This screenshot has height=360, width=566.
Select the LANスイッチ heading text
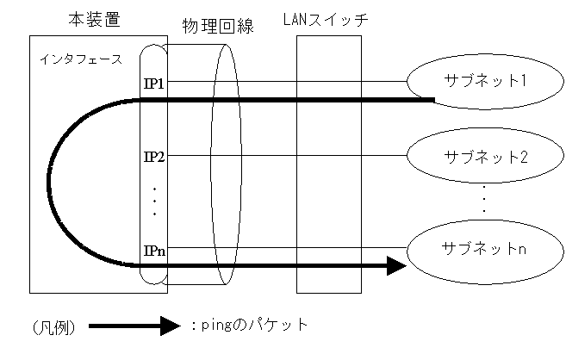(x=325, y=19)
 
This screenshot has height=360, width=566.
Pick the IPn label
(x=154, y=251)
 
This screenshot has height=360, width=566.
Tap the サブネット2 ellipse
(x=472, y=157)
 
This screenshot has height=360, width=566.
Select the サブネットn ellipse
(x=472, y=250)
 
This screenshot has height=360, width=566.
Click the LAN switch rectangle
(x=325, y=164)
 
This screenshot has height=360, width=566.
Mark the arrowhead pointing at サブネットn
(x=395, y=266)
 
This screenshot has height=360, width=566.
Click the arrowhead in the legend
(x=171, y=326)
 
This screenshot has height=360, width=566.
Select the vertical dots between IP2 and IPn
(x=154, y=201)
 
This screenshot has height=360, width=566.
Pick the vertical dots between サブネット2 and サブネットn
(x=484, y=199)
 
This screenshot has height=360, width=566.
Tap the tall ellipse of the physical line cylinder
(x=222, y=164)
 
